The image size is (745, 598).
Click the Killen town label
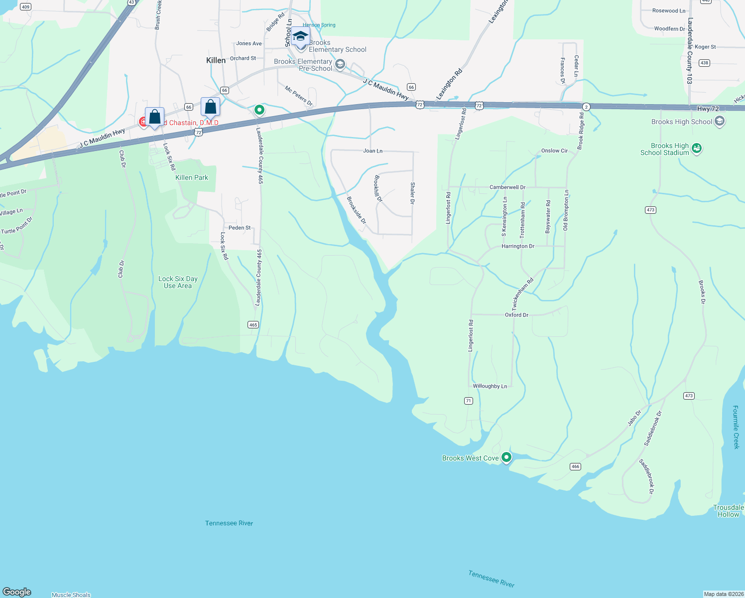[216, 60]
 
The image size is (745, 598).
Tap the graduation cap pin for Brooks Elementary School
[300, 37]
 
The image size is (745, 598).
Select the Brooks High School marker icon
[719, 121]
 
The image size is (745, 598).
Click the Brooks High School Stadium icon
[697, 149]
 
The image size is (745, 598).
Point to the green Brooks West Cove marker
[506, 457]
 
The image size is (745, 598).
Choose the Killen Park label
[192, 177]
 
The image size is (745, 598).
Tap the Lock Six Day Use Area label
[178, 283]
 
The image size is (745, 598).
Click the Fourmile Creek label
[736, 427]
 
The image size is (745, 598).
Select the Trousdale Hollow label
[728, 511]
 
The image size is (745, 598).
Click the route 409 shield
[25, 7]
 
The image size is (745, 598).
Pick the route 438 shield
[704, 63]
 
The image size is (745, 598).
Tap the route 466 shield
[575, 466]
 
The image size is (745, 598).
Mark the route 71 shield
[468, 401]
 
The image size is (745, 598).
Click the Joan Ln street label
[372, 150]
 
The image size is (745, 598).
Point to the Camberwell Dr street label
[507, 187]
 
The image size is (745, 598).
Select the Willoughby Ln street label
[490, 386]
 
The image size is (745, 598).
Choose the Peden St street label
[240, 228]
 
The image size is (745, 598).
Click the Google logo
[17, 592]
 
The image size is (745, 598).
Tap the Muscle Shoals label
[71, 595]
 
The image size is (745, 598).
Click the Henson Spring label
[319, 25]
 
